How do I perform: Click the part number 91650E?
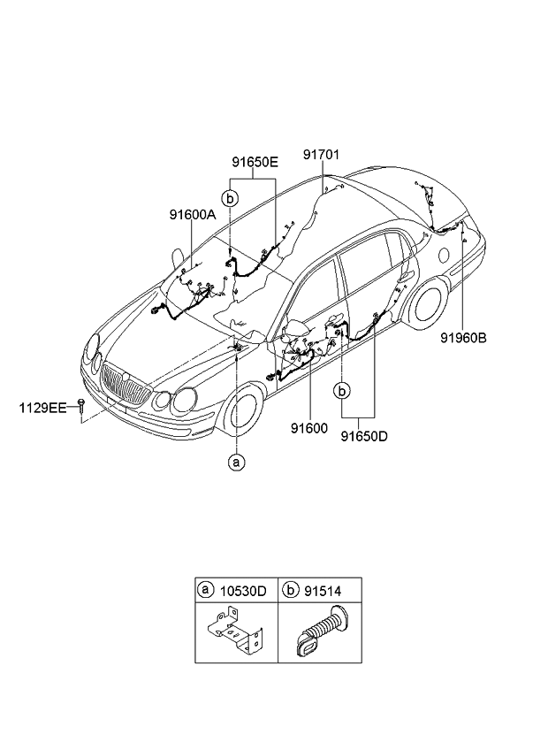[255, 162]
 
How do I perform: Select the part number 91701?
[322, 154]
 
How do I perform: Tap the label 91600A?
[193, 214]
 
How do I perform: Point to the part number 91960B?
[465, 337]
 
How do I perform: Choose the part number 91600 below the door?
[309, 427]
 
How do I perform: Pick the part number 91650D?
[364, 435]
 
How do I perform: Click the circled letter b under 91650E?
[229, 198]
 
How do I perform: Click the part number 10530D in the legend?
[244, 590]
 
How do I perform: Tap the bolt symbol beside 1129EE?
[80, 406]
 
